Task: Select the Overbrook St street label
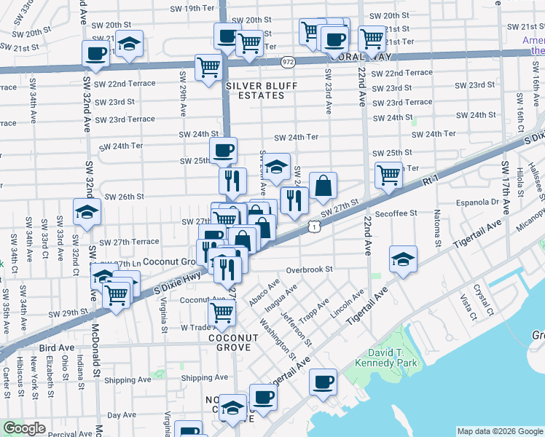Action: (x=309, y=269)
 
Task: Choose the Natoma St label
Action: (x=438, y=230)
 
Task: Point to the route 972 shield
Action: (x=288, y=63)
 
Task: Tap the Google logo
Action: (x=24, y=428)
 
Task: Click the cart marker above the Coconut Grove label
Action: (x=221, y=312)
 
